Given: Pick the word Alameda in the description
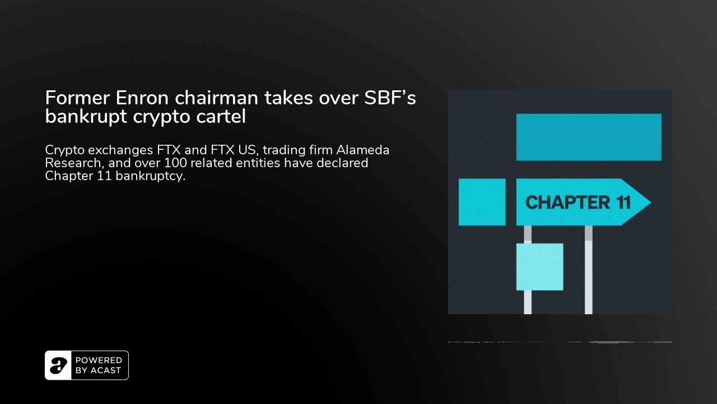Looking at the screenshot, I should (x=362, y=150).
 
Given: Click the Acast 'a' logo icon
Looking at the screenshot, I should (x=58, y=365).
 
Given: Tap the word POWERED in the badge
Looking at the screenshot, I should (x=99, y=361).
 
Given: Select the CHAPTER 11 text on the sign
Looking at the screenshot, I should (x=578, y=203).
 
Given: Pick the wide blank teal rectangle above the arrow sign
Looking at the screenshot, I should (x=589, y=137).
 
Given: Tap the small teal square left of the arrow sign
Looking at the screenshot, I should (x=482, y=202).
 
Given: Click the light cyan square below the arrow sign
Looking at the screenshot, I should (x=539, y=267).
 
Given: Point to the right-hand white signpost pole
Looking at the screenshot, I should (x=588, y=275).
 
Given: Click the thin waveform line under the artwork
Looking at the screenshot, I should (x=560, y=342).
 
